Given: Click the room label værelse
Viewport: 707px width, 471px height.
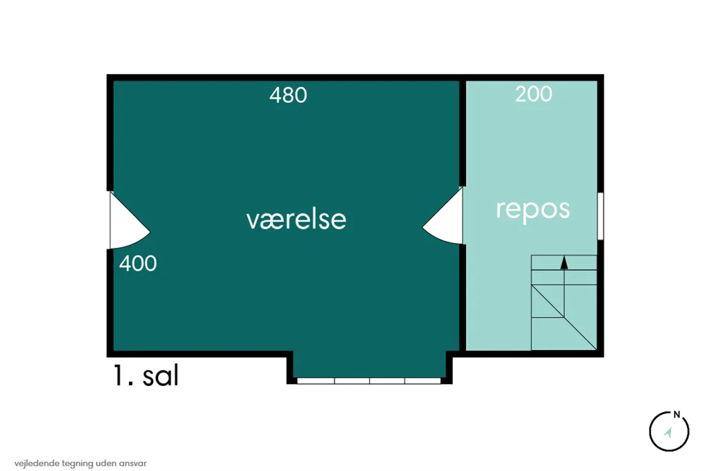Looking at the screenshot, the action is click(x=296, y=220).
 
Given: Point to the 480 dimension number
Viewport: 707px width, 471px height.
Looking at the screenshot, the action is click(x=288, y=95).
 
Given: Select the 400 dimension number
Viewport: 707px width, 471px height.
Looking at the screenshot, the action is click(x=138, y=264).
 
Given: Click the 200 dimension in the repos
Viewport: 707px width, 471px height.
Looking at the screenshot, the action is click(x=534, y=94).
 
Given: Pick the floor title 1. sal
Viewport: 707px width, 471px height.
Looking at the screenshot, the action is click(x=146, y=376).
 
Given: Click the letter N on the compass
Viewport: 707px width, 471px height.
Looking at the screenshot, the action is click(x=677, y=414).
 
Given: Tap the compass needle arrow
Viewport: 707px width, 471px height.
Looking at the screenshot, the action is click(x=668, y=432).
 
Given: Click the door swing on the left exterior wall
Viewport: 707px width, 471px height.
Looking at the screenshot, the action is click(x=129, y=220).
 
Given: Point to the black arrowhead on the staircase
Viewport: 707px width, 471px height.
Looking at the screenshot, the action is click(x=564, y=262).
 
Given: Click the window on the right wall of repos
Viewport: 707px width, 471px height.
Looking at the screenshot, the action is click(x=601, y=216).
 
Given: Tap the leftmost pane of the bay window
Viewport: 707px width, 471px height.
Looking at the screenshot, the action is click(x=316, y=381).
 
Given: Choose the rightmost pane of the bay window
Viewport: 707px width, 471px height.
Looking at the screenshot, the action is click(x=423, y=381).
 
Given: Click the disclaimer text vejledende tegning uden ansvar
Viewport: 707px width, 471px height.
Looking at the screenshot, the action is click(x=80, y=463).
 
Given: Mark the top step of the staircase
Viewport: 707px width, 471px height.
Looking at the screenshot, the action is click(x=564, y=262).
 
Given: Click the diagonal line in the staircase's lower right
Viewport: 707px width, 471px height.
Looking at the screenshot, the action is click(x=564, y=317).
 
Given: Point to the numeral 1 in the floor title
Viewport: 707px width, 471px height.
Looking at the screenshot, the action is click(x=118, y=376).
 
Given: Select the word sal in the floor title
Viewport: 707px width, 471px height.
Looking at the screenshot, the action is click(x=160, y=376).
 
